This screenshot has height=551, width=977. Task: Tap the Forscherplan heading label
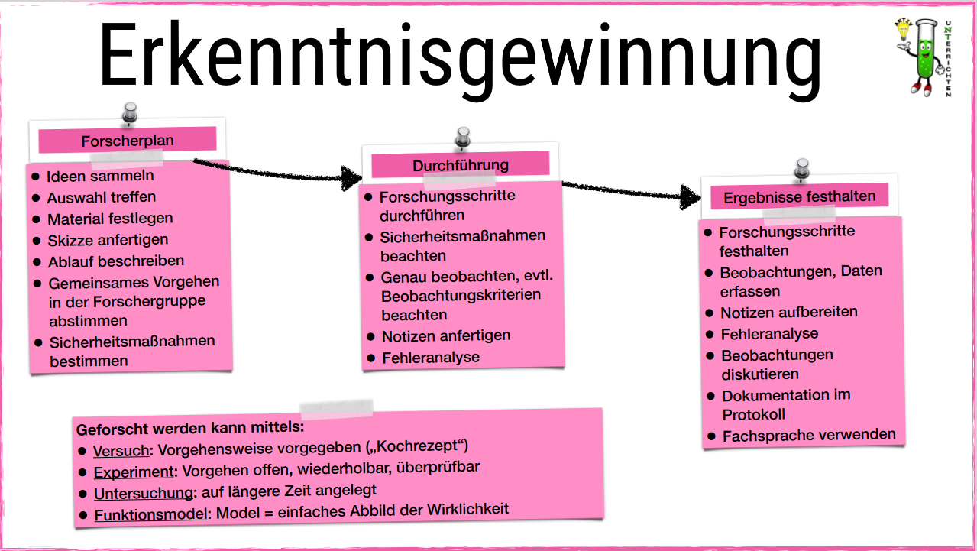click(x=128, y=141)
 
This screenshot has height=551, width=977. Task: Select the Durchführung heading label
click(x=460, y=165)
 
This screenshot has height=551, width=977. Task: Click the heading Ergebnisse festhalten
click(x=799, y=197)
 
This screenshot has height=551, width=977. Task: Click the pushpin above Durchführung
click(x=463, y=138)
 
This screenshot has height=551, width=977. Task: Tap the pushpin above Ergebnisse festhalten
click(x=801, y=169)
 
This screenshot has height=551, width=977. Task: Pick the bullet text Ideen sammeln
click(x=100, y=177)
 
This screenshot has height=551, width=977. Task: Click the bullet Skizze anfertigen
click(x=108, y=240)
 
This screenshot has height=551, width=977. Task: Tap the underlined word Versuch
click(x=121, y=451)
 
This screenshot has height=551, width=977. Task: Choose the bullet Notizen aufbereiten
click(x=789, y=313)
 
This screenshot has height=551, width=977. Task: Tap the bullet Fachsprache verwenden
click(x=809, y=435)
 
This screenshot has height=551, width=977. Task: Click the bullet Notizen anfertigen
click(x=446, y=335)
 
